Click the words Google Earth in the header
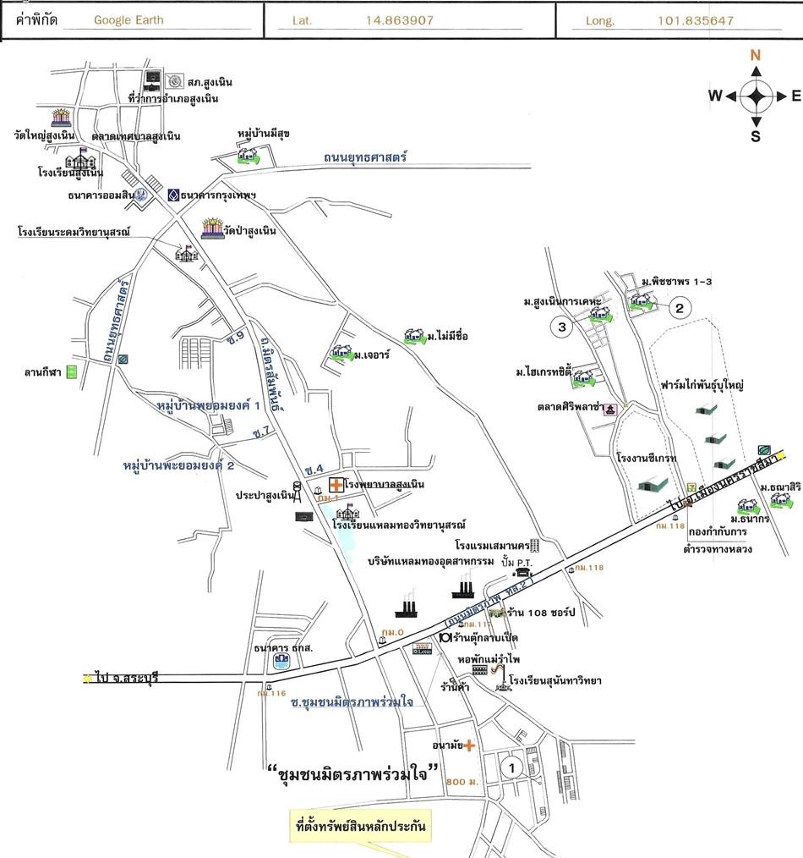[x=128, y=20]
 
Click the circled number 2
[x=678, y=308]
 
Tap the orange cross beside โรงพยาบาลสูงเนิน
[x=336, y=485]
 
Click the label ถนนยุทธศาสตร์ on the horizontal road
[x=365, y=157]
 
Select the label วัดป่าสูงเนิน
[x=250, y=230]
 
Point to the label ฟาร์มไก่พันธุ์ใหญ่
[x=702, y=385]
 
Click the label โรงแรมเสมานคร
[x=489, y=545]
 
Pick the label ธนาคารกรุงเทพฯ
[x=217, y=195]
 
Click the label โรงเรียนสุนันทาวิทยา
[x=554, y=680]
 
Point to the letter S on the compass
[x=756, y=135]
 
